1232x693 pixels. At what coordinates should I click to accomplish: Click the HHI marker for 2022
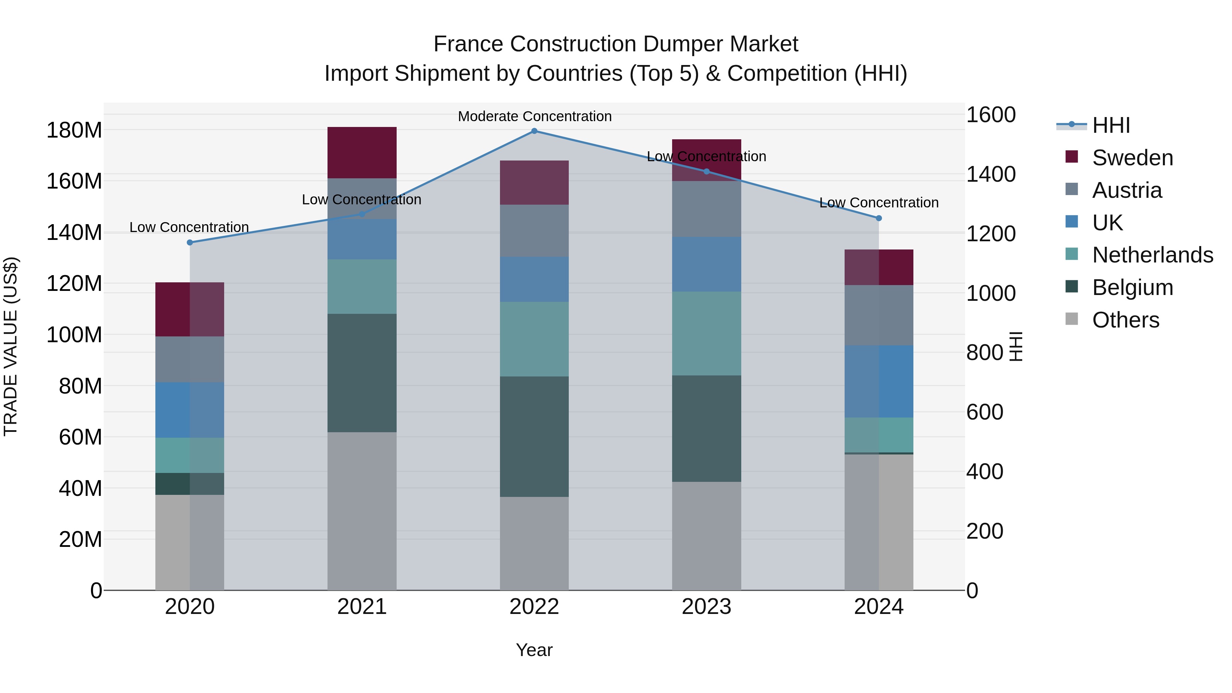(x=534, y=131)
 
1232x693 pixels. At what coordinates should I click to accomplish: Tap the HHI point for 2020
(x=190, y=243)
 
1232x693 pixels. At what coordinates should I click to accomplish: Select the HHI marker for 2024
(x=878, y=218)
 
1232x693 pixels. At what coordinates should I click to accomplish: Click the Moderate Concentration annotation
(x=534, y=116)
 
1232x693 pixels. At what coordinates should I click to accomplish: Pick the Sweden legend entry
(x=1132, y=158)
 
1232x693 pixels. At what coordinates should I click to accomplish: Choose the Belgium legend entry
(x=1132, y=287)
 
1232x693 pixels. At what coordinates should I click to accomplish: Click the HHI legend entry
(x=1111, y=125)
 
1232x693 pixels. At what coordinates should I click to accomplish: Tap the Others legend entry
(x=1125, y=320)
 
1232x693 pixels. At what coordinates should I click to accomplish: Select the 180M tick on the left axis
(x=74, y=130)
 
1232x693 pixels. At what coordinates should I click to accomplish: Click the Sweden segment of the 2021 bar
(x=362, y=153)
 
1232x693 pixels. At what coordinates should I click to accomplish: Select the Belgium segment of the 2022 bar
(x=534, y=436)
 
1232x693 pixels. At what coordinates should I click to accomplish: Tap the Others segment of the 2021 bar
(x=362, y=511)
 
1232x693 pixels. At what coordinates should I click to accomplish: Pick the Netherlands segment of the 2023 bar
(x=706, y=333)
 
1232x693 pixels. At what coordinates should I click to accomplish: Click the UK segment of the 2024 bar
(x=878, y=381)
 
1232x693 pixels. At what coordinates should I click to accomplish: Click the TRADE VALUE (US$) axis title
(x=11, y=346)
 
